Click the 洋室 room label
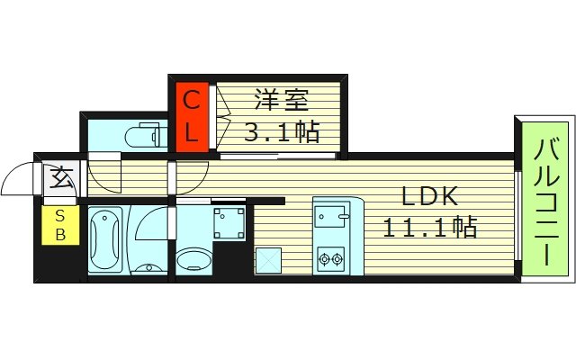(x=280, y=100)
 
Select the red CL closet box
(x=192, y=116)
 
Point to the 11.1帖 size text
(x=429, y=227)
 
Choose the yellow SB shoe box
(x=60, y=226)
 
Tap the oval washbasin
(x=193, y=260)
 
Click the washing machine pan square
(x=229, y=221)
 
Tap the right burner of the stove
(x=338, y=260)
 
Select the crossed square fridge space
(x=268, y=260)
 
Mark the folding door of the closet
(x=220, y=116)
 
